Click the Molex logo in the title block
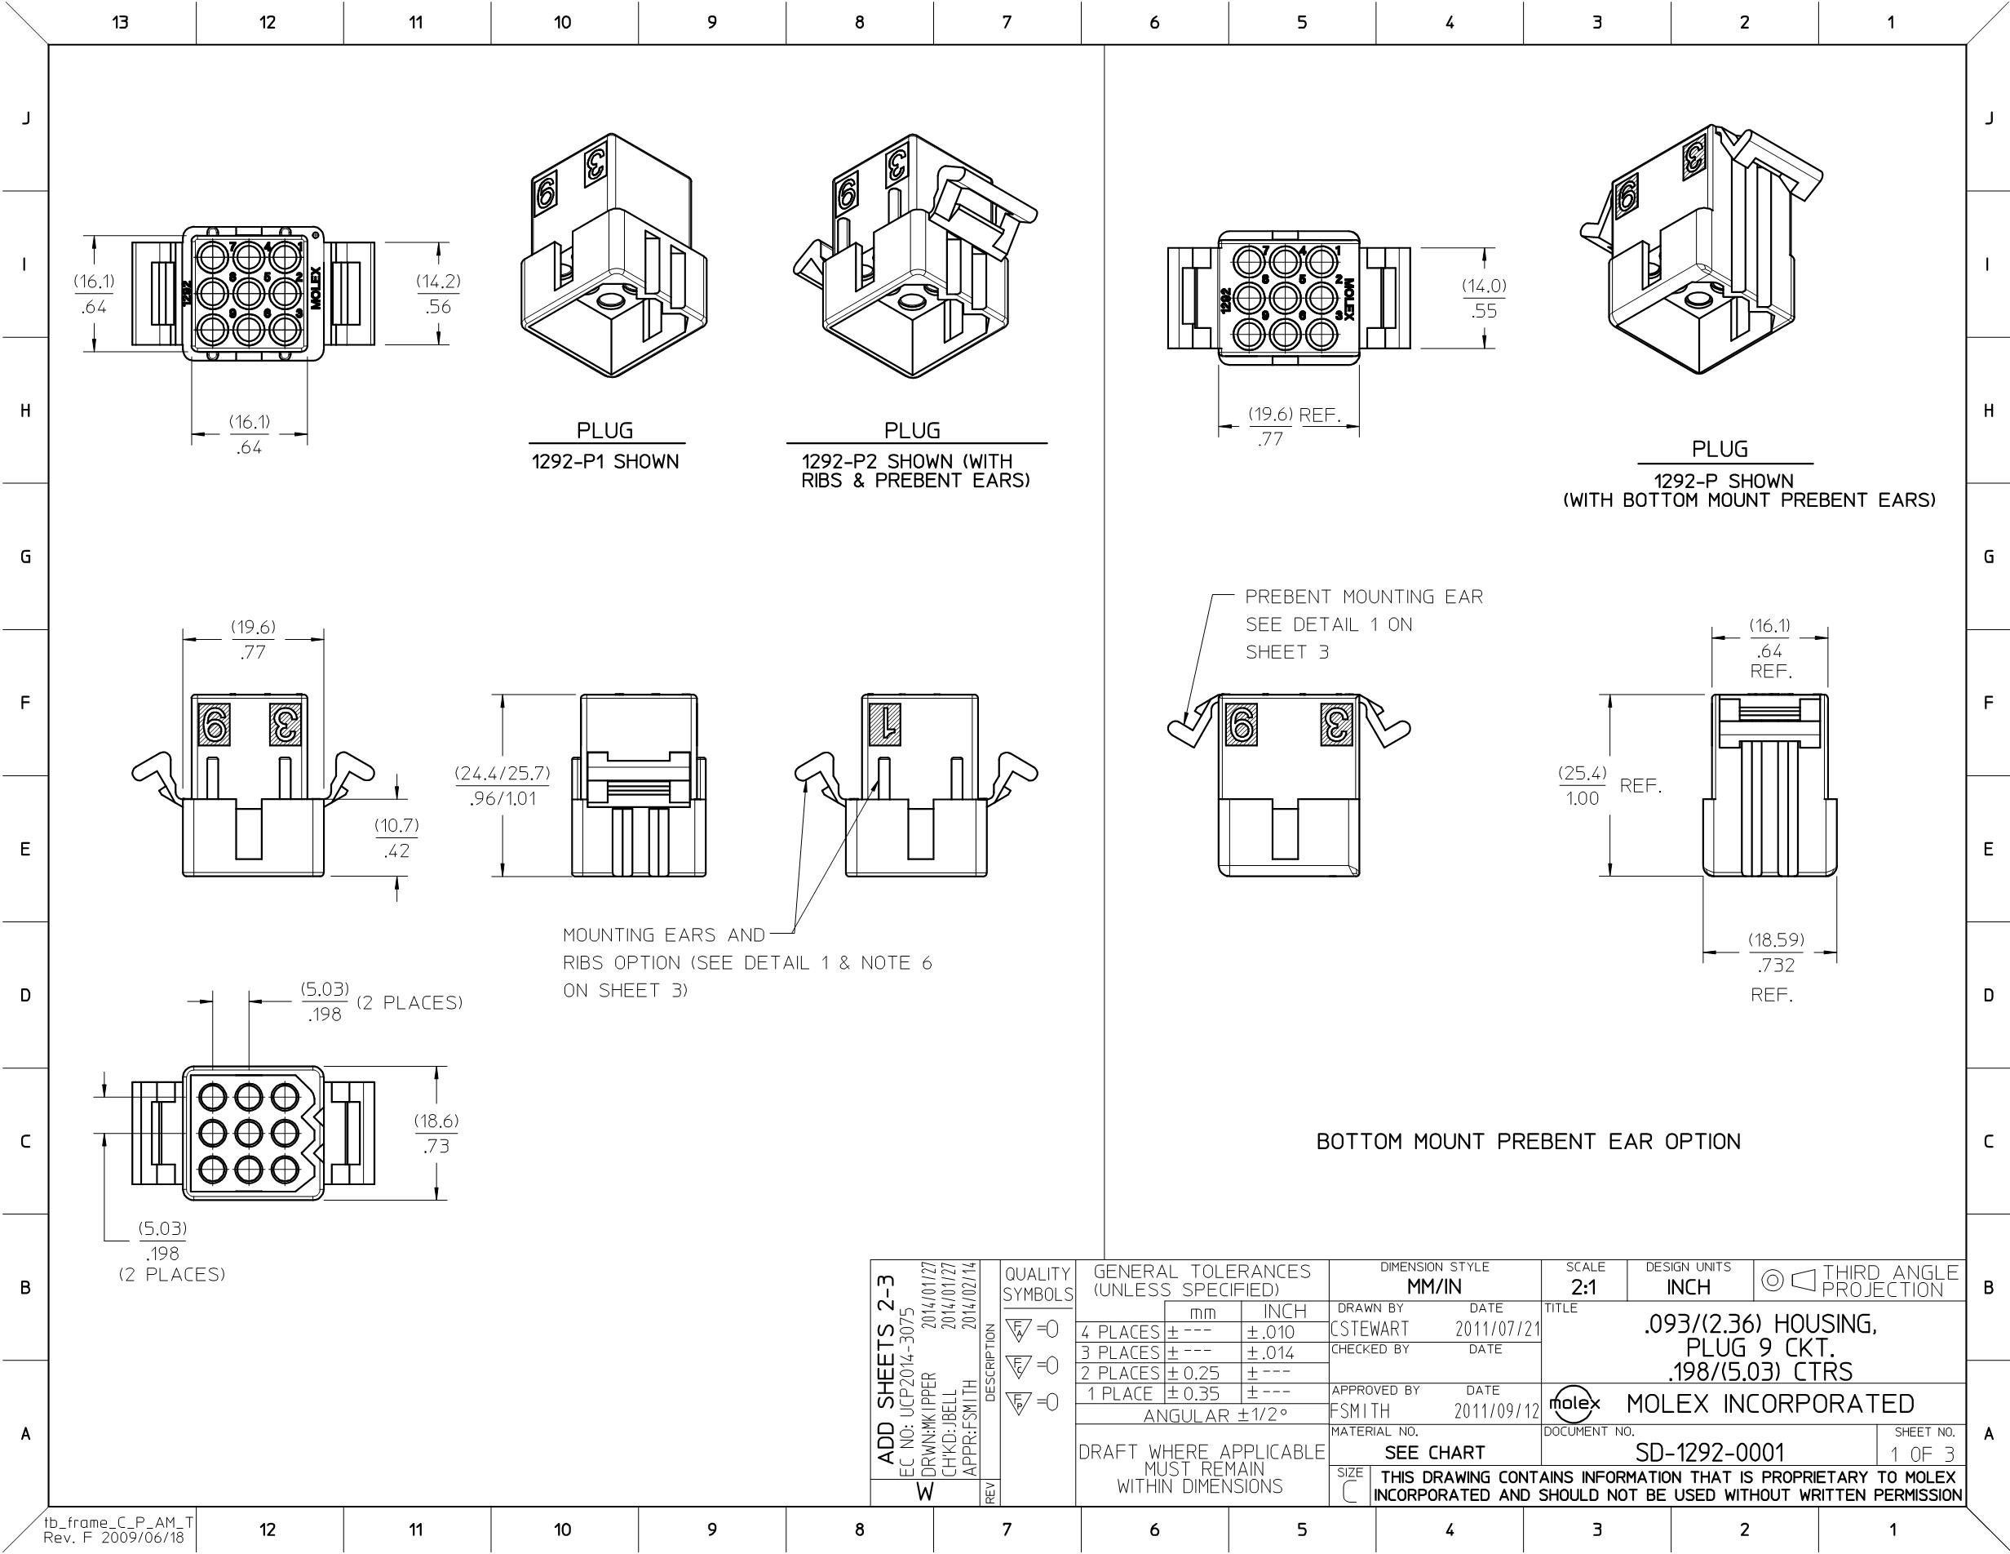tap(1574, 1403)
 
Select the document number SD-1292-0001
tap(1709, 1453)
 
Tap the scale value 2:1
tap(1584, 1287)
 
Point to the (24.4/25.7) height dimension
tap(502, 773)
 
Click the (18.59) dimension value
tap(1776, 940)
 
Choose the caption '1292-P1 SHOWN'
tap(604, 461)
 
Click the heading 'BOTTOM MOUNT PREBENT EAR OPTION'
tap(1529, 1142)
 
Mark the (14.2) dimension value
tap(438, 282)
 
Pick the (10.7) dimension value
tap(396, 825)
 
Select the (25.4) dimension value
tap(1582, 773)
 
